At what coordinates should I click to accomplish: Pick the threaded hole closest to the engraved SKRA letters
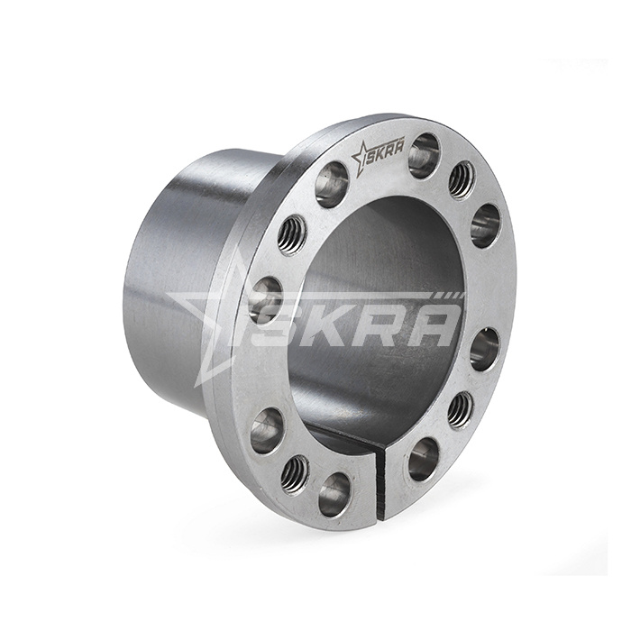coord(462,178)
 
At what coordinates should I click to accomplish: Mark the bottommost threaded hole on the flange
coord(294,473)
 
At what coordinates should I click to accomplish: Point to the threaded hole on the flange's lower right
coord(461,409)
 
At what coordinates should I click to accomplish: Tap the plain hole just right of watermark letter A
coord(484,348)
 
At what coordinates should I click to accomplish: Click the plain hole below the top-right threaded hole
coord(485,224)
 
